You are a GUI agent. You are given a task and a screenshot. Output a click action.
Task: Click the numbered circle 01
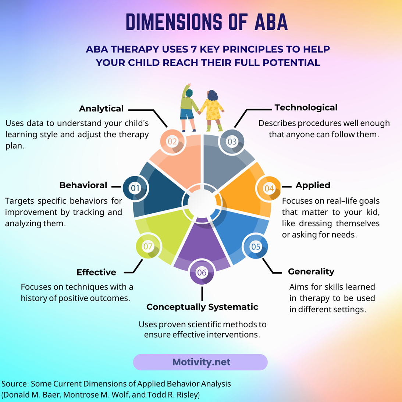click(x=135, y=188)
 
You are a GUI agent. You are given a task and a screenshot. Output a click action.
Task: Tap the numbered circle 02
click(x=172, y=141)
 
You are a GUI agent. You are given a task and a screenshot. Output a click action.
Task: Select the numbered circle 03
click(x=232, y=141)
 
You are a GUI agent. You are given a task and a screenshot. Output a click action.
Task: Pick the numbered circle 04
click(x=269, y=188)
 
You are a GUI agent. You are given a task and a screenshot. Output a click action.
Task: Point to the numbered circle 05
click(x=256, y=246)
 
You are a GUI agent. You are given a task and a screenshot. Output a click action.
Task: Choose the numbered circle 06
click(x=202, y=273)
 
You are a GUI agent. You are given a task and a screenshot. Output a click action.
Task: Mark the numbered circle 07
click(x=148, y=246)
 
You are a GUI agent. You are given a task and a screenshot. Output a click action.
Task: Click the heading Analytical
click(x=101, y=108)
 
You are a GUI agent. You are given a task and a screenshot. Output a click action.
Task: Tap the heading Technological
click(x=306, y=107)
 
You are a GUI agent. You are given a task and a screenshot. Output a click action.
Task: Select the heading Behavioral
click(x=83, y=185)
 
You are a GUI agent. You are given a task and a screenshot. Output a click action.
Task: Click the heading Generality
click(x=311, y=271)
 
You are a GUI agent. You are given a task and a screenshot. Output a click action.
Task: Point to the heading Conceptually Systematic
click(x=202, y=307)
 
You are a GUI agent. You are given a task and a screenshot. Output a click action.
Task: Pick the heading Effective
click(x=96, y=272)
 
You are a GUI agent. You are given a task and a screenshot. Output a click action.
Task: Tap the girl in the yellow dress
click(x=213, y=109)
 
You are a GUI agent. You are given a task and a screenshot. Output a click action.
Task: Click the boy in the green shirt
click(x=188, y=107)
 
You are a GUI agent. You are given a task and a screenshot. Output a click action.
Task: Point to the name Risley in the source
click(x=187, y=395)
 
